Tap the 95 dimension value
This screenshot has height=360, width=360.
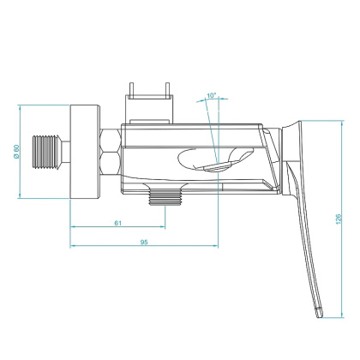click(143, 243)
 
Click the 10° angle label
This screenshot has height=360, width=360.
click(212, 96)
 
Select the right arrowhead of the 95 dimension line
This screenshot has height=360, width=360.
click(215, 249)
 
